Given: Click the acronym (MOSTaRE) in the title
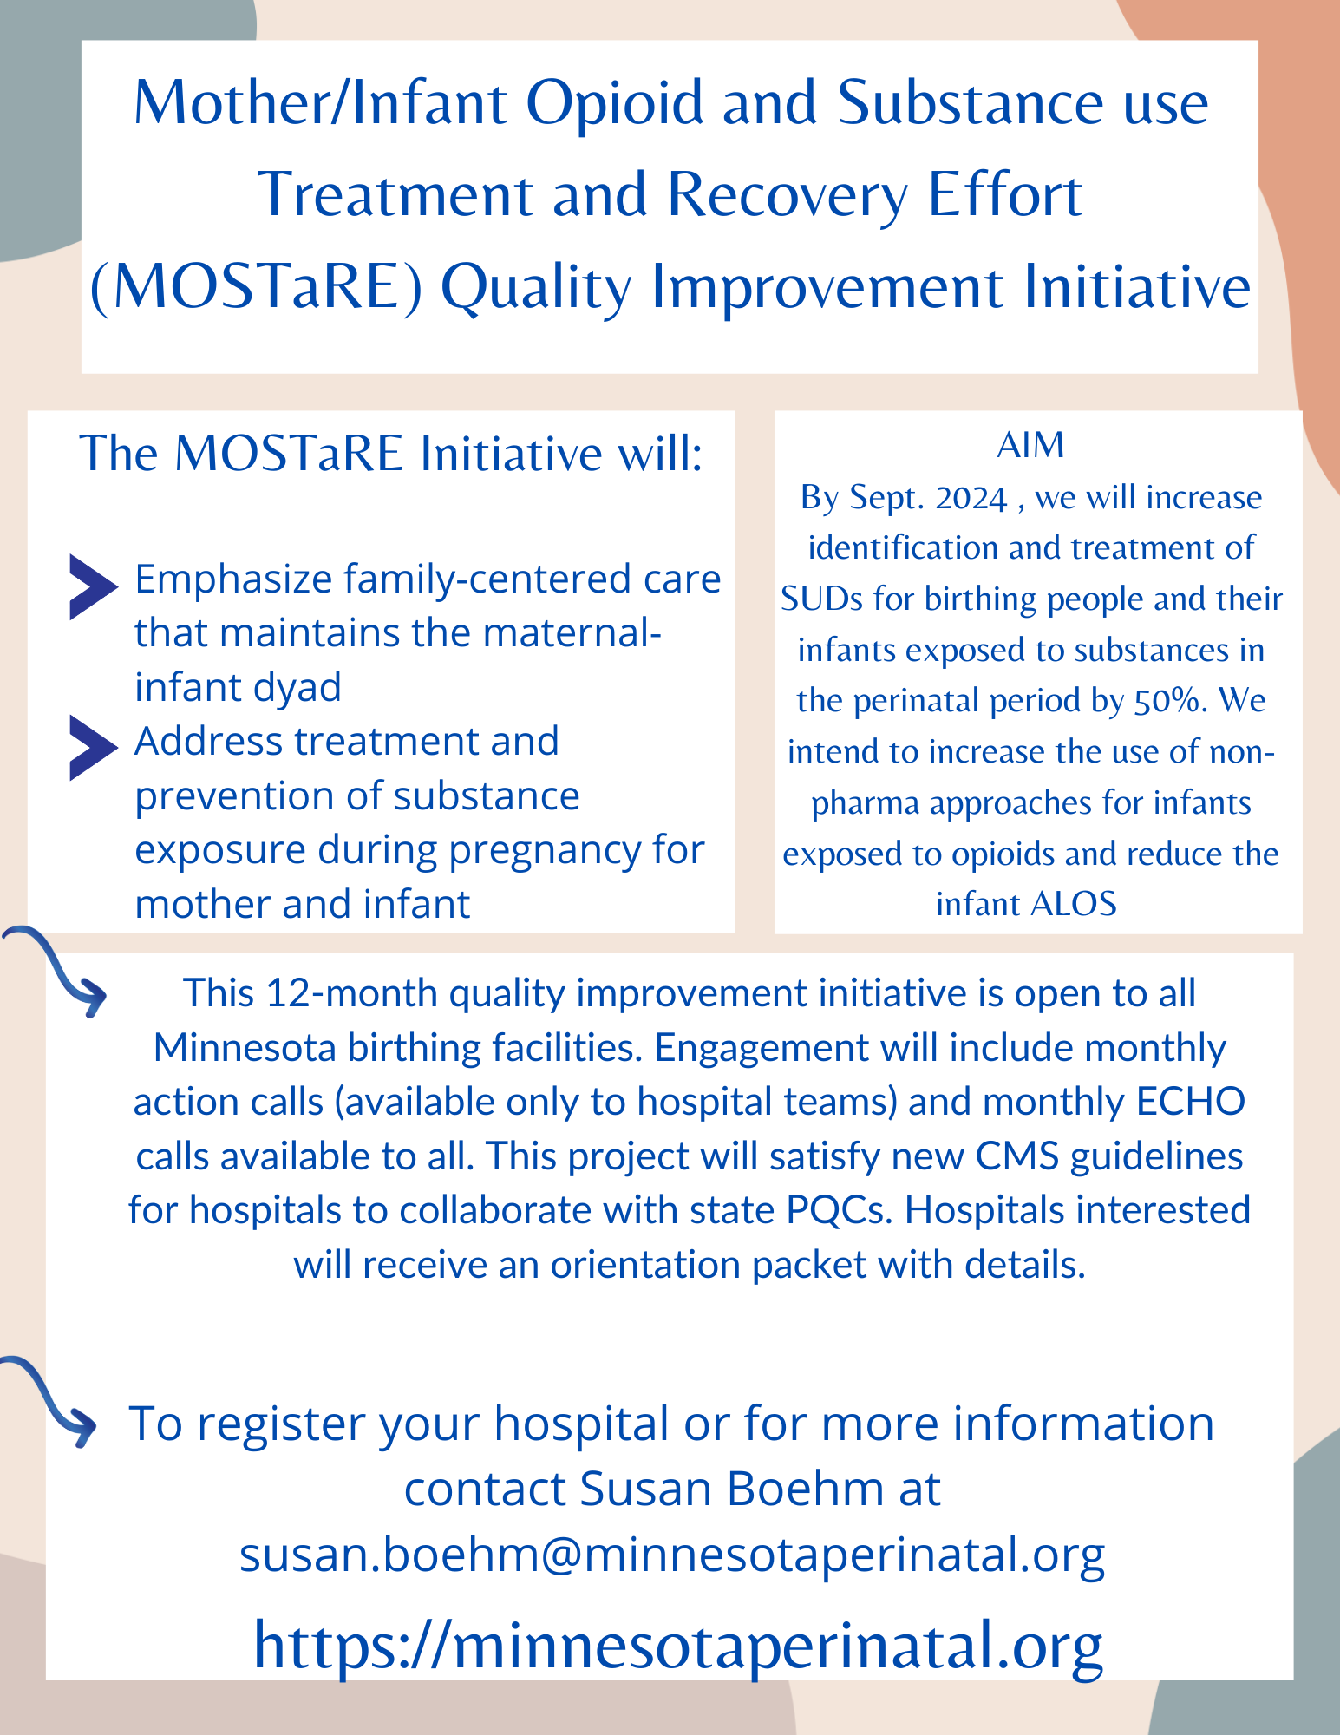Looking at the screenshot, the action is click(x=257, y=287).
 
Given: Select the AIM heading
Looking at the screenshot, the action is click(x=1030, y=445).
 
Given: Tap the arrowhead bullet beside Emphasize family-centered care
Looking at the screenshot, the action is click(x=94, y=587).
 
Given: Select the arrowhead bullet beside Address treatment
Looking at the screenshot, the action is click(x=94, y=748).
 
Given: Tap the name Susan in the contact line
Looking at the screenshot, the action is click(x=644, y=1489).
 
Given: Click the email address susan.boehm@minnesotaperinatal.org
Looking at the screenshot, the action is click(x=672, y=1555).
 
